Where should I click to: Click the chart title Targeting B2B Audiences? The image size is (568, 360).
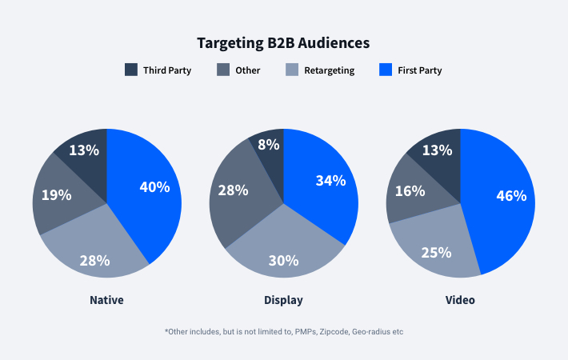click(x=284, y=42)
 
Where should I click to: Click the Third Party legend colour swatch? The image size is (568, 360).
click(x=131, y=70)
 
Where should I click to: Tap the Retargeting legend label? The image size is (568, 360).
click(x=329, y=70)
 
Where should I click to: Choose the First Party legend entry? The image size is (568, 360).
click(x=419, y=70)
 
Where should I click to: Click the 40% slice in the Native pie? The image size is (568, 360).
click(x=154, y=187)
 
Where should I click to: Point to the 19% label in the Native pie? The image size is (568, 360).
click(x=57, y=194)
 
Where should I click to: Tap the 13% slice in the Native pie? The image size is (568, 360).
click(x=84, y=150)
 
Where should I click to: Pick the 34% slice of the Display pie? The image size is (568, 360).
click(x=330, y=181)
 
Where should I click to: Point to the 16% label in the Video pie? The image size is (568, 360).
click(x=410, y=190)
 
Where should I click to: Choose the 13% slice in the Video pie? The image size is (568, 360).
click(x=437, y=150)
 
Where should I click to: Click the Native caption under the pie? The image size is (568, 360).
click(x=107, y=300)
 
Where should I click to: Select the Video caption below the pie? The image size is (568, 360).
click(x=460, y=300)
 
